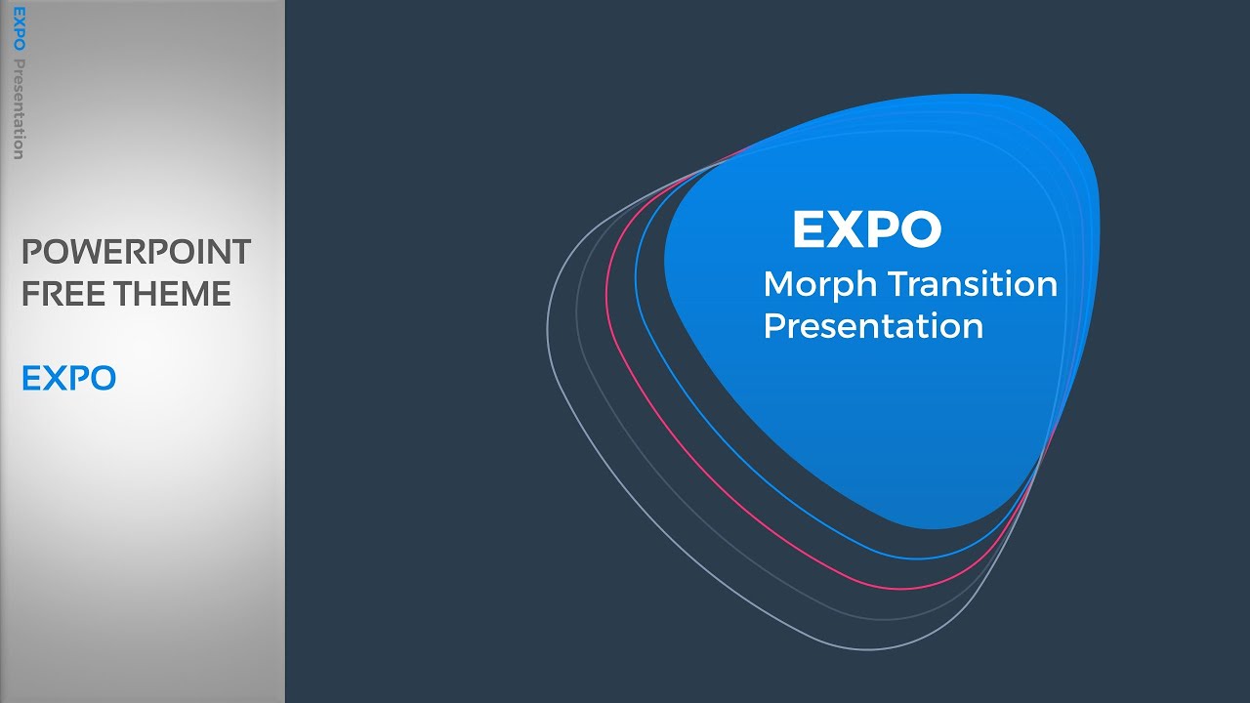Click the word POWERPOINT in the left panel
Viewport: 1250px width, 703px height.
[x=136, y=252]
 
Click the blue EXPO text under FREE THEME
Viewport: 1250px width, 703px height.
[x=68, y=378]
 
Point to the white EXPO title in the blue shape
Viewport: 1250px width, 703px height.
[x=866, y=229]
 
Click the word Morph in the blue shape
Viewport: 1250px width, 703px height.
[x=820, y=284]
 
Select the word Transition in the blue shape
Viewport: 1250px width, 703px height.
[x=973, y=284]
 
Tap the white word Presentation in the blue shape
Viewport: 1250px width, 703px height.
[x=873, y=326]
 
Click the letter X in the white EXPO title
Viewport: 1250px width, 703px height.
[x=846, y=229]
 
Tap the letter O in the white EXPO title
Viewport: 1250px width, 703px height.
[x=921, y=229]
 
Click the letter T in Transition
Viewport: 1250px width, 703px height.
[x=897, y=284]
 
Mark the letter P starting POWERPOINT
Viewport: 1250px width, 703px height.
[x=31, y=252]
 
